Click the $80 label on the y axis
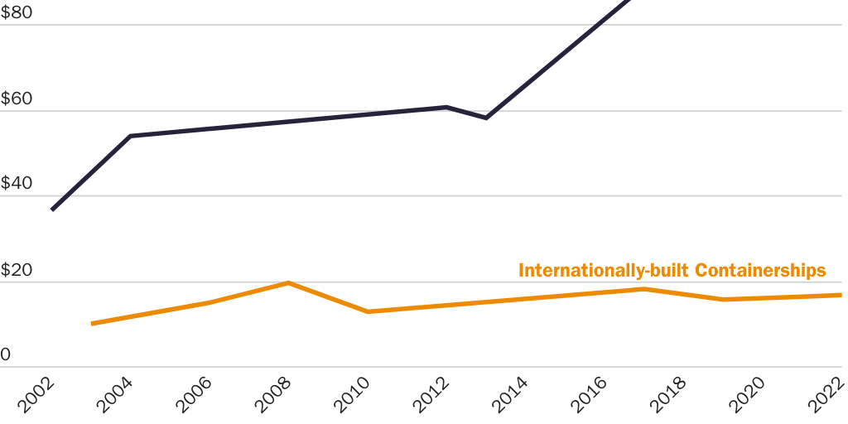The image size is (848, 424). click(17, 13)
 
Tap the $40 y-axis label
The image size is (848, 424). click(17, 184)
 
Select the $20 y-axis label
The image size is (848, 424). click(17, 270)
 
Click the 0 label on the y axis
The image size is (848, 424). click(5, 355)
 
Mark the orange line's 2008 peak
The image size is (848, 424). click(288, 283)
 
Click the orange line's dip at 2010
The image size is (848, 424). click(368, 311)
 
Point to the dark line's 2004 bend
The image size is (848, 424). click(131, 136)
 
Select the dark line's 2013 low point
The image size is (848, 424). click(486, 118)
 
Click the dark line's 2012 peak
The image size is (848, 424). click(447, 107)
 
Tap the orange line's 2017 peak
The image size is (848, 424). click(643, 289)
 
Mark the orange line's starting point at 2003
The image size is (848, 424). click(92, 323)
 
